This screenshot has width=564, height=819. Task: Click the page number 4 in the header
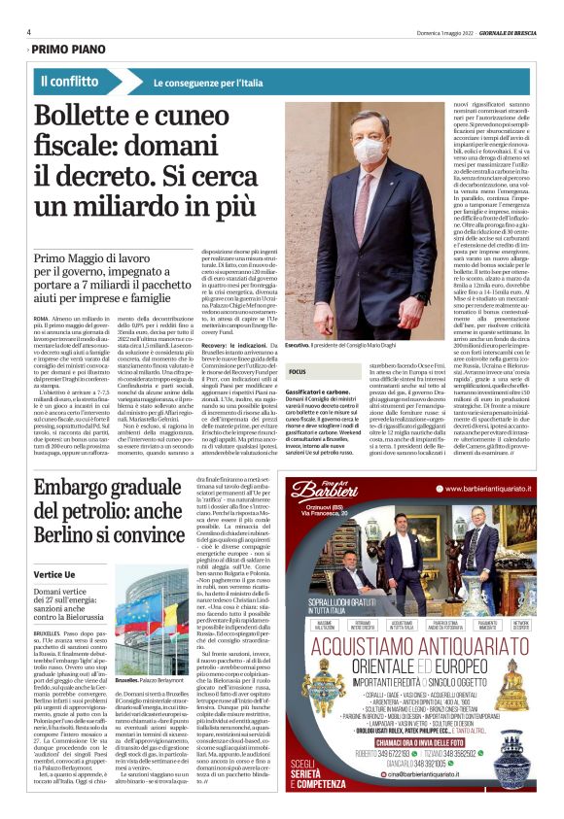click(x=29, y=32)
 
